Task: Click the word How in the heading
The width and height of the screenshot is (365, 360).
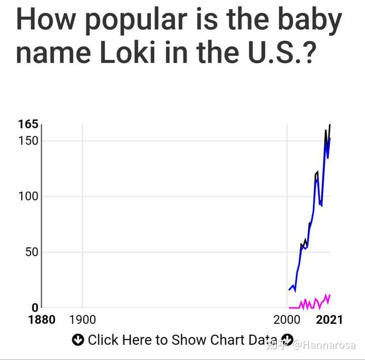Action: tap(46, 19)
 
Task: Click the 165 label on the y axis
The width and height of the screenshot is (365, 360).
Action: tap(28, 124)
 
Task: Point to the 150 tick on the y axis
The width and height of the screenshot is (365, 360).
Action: tap(28, 140)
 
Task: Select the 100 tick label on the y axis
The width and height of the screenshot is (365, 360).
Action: tap(28, 196)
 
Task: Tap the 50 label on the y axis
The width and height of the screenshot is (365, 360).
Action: tap(31, 252)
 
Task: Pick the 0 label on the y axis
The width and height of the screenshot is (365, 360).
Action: tap(35, 307)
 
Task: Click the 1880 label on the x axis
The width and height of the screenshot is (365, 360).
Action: tap(42, 319)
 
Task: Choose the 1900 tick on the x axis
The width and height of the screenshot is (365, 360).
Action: tap(82, 319)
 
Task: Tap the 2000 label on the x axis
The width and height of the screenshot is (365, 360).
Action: tap(287, 319)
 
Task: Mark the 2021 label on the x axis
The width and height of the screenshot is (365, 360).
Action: tap(330, 319)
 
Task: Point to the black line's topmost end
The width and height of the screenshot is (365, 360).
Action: tap(330, 125)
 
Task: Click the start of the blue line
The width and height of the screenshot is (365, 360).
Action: tap(289, 290)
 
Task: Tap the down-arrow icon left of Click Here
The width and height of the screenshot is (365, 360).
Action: tap(78, 340)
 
